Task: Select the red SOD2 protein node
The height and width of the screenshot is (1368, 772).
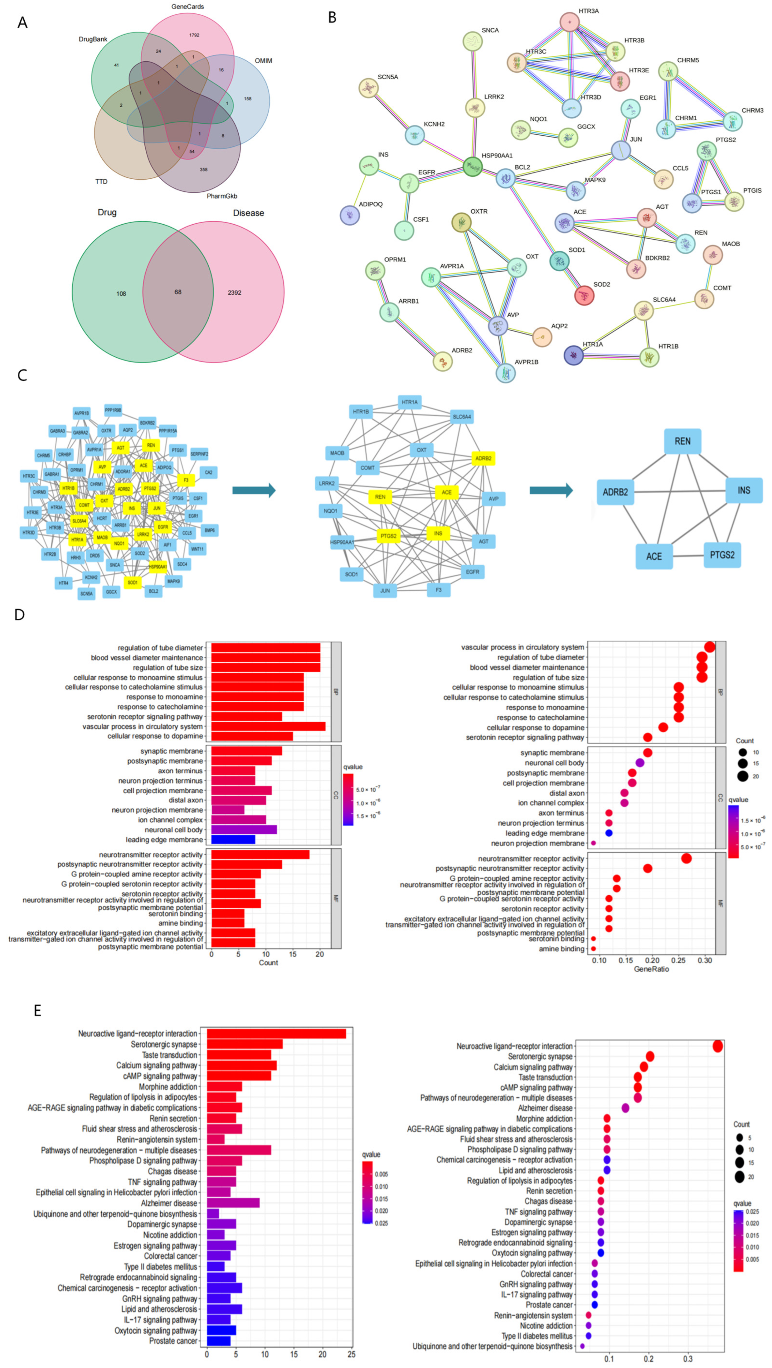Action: (584, 295)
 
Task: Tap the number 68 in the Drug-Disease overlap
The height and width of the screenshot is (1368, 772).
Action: (178, 292)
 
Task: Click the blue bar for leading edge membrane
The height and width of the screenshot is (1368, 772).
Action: (233, 840)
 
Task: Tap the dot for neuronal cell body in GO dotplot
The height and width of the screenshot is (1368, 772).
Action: (640, 763)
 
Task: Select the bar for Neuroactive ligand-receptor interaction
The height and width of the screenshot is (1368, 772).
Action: (276, 1033)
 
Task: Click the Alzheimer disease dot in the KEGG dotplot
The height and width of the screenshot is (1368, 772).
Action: (625, 1108)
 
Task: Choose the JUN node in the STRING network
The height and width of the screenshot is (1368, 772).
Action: (620, 150)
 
